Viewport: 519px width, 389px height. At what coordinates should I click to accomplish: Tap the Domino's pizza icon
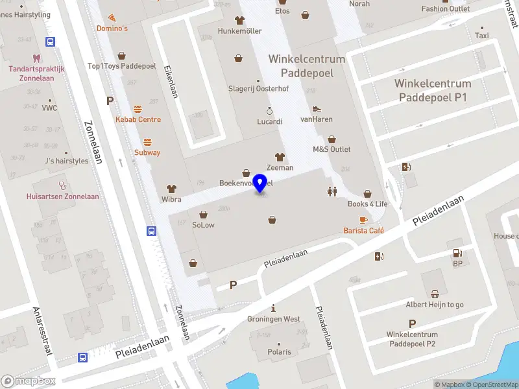pos(112,18)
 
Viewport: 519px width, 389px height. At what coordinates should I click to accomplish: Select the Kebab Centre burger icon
pos(138,109)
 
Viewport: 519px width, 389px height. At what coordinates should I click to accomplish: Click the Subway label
pos(147,152)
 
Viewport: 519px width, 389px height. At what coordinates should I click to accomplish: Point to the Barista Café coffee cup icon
pos(363,220)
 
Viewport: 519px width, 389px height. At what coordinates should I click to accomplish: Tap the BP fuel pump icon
pos(457,253)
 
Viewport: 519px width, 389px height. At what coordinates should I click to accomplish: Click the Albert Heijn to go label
pos(435,305)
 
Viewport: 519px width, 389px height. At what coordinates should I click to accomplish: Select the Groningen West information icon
pos(274,308)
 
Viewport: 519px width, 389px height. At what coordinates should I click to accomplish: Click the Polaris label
pos(280,352)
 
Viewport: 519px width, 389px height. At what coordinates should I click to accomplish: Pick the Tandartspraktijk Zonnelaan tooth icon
pos(49,58)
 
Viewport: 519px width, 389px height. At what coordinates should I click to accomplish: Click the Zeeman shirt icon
pos(280,157)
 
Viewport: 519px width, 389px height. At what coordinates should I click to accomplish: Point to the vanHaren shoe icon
pos(317,109)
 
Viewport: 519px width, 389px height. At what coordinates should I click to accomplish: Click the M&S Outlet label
pos(332,149)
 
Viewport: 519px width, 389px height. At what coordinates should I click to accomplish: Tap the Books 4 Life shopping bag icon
pos(367,193)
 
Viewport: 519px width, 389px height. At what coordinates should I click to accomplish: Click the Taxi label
pos(481,36)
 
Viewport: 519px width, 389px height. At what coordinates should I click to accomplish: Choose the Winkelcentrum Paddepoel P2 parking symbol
pos(412,324)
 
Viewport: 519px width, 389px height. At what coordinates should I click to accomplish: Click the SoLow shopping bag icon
pos(203,214)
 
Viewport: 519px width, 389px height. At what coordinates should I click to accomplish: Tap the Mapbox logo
pos(29,381)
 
